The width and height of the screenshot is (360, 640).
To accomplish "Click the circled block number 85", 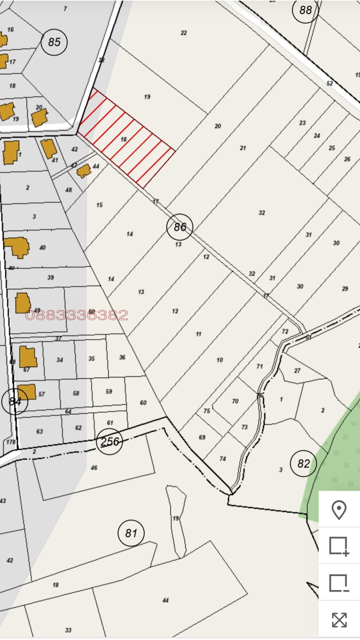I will (x=54, y=42).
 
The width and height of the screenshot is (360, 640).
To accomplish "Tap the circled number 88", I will (x=306, y=9).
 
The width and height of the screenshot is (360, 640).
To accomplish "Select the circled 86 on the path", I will (x=180, y=227).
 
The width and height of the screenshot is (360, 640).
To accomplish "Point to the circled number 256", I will (x=110, y=442).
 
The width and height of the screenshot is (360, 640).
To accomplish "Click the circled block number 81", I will (x=131, y=533).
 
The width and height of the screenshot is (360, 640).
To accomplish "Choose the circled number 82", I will (x=304, y=463).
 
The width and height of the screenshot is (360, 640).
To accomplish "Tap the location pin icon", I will (x=339, y=510).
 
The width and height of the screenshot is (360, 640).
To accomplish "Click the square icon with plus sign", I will (x=339, y=546).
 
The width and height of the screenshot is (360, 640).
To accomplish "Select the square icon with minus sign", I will (x=339, y=583).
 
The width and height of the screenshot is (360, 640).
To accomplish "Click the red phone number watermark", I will (x=76, y=315).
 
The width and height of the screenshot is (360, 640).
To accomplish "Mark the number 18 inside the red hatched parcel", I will (x=124, y=140).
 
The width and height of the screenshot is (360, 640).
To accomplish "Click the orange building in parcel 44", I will (x=83, y=171).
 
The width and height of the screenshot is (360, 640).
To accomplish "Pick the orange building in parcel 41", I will (x=48, y=148).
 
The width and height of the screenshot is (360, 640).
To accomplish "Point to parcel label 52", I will (x=329, y=84).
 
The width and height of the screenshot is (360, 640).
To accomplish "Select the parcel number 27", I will (x=297, y=371).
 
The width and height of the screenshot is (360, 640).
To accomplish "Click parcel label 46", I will (x=94, y=468).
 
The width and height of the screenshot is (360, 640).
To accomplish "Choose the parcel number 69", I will (x=202, y=437).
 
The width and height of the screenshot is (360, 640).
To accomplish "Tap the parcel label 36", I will (x=122, y=358).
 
